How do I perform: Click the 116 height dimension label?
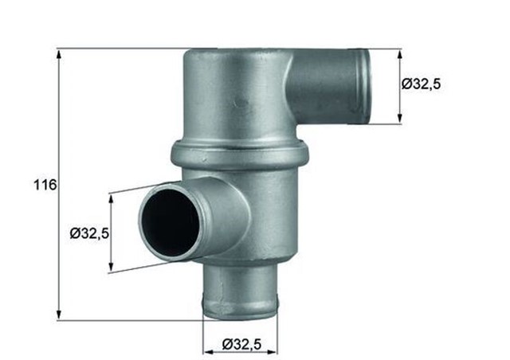[45, 186]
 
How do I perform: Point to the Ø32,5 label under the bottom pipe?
[240, 343]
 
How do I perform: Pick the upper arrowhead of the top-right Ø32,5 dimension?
[399, 53]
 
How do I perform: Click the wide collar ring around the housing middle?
[240, 154]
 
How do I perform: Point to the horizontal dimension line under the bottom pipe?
[239, 350]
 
